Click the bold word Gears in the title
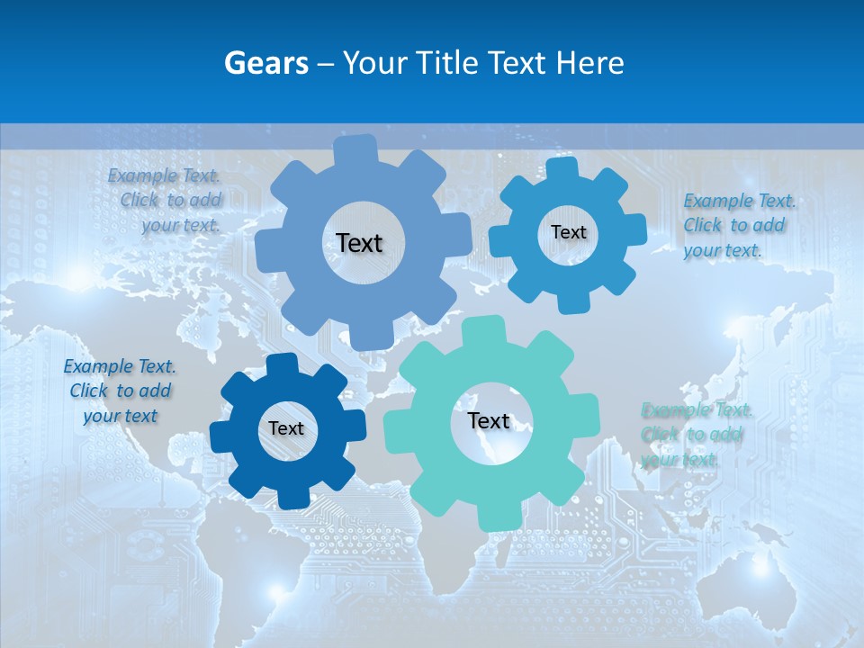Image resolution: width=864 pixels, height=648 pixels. coord(266,63)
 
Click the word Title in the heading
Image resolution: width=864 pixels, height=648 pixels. coord(448,63)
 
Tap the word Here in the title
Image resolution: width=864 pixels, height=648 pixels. coord(590,63)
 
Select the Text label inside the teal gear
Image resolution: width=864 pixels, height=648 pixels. coord(489,421)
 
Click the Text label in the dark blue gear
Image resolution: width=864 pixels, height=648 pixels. coord(286,429)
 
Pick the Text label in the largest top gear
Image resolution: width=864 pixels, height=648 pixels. coord(359,243)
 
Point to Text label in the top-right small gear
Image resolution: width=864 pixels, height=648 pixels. coord(568,232)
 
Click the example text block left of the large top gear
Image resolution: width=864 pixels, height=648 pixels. coord(166,201)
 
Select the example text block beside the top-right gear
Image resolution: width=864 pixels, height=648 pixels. coord(739,225)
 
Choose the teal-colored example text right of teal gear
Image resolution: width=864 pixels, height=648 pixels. coord(696,435)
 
